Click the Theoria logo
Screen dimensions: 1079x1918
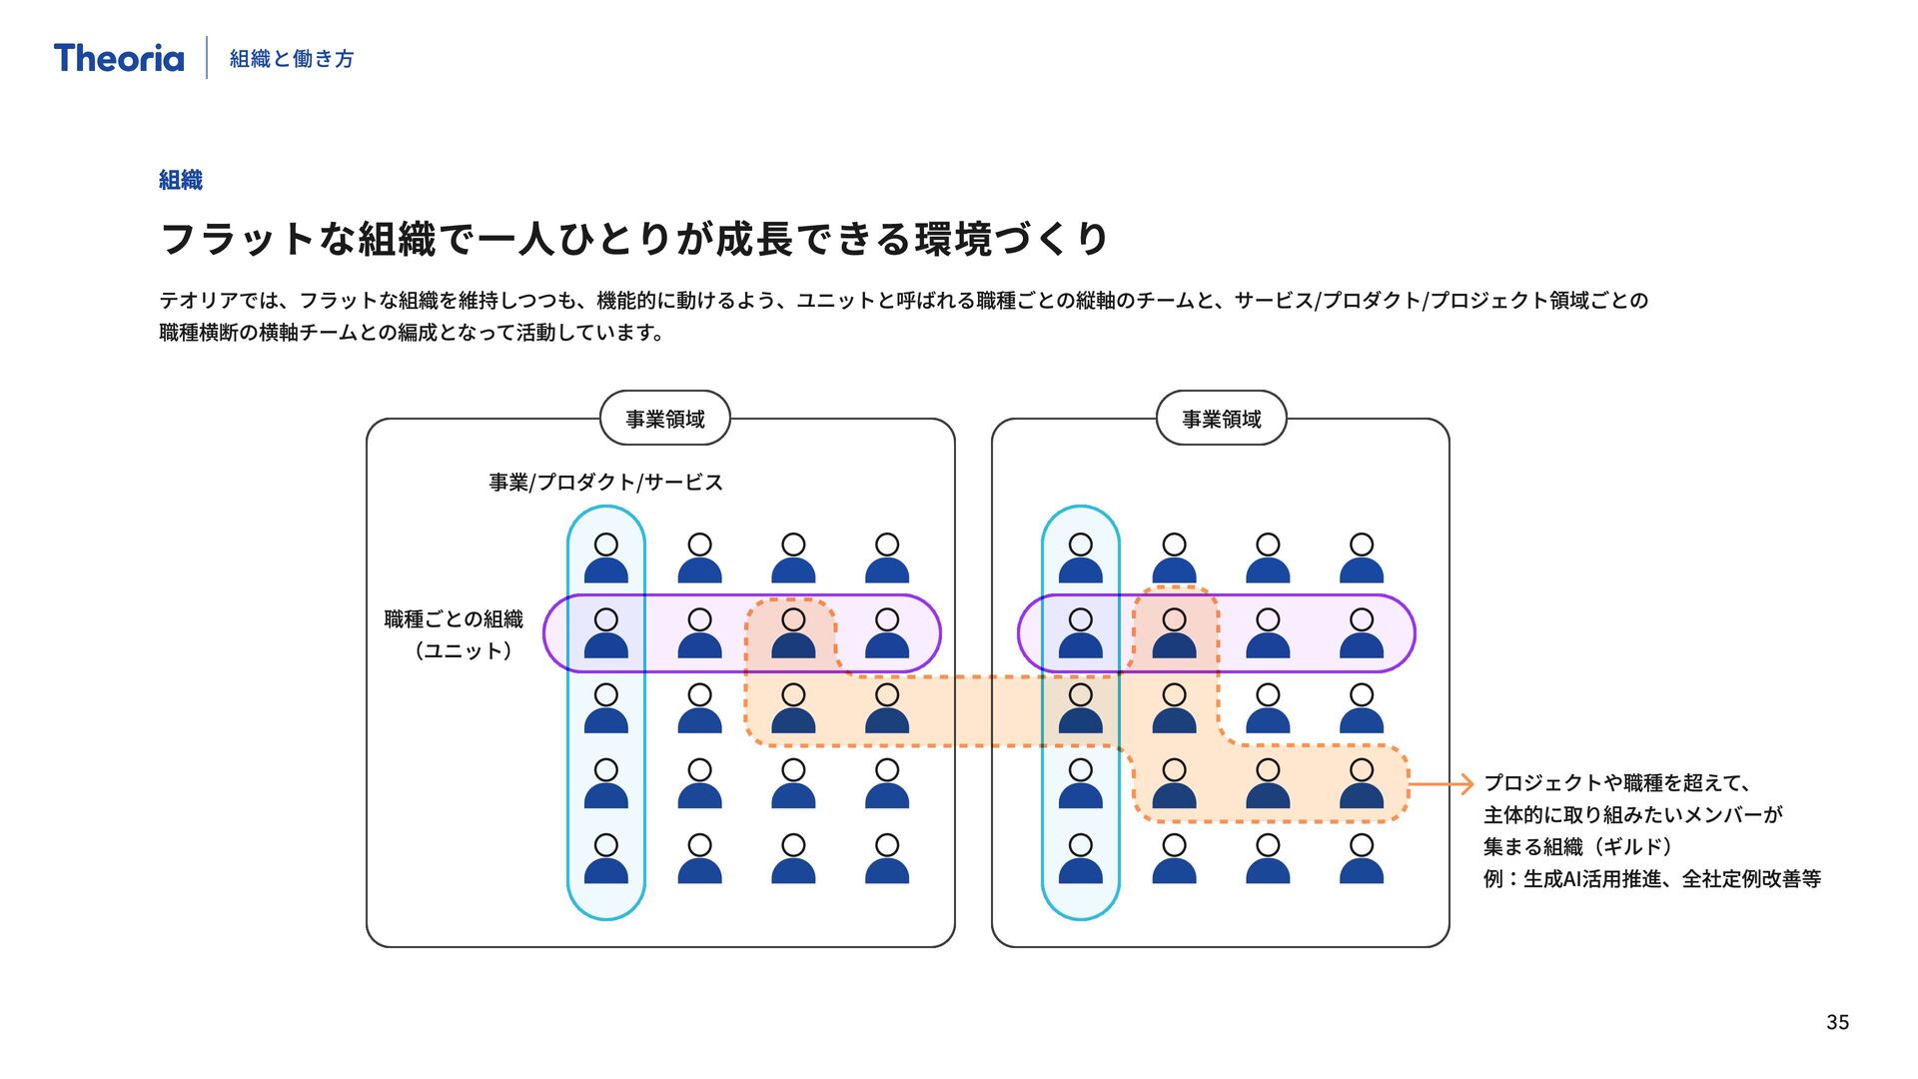119,58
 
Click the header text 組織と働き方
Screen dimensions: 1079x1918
292,59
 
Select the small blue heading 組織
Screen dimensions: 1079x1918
181,180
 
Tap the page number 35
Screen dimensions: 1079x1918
1837,1022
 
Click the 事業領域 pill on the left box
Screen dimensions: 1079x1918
665,419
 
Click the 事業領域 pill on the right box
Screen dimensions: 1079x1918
1221,419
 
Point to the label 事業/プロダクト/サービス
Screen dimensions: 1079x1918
605,483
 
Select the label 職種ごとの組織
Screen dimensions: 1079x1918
454,619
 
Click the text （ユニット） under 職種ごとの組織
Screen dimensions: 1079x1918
464,651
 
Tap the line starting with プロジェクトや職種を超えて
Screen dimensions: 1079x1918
1616,783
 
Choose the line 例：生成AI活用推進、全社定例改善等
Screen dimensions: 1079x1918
1652,879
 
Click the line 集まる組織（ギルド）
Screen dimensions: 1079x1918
1577,847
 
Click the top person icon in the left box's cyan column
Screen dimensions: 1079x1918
606,558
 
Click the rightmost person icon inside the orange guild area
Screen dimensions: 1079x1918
1362,784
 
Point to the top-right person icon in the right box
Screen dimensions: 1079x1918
1362,558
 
